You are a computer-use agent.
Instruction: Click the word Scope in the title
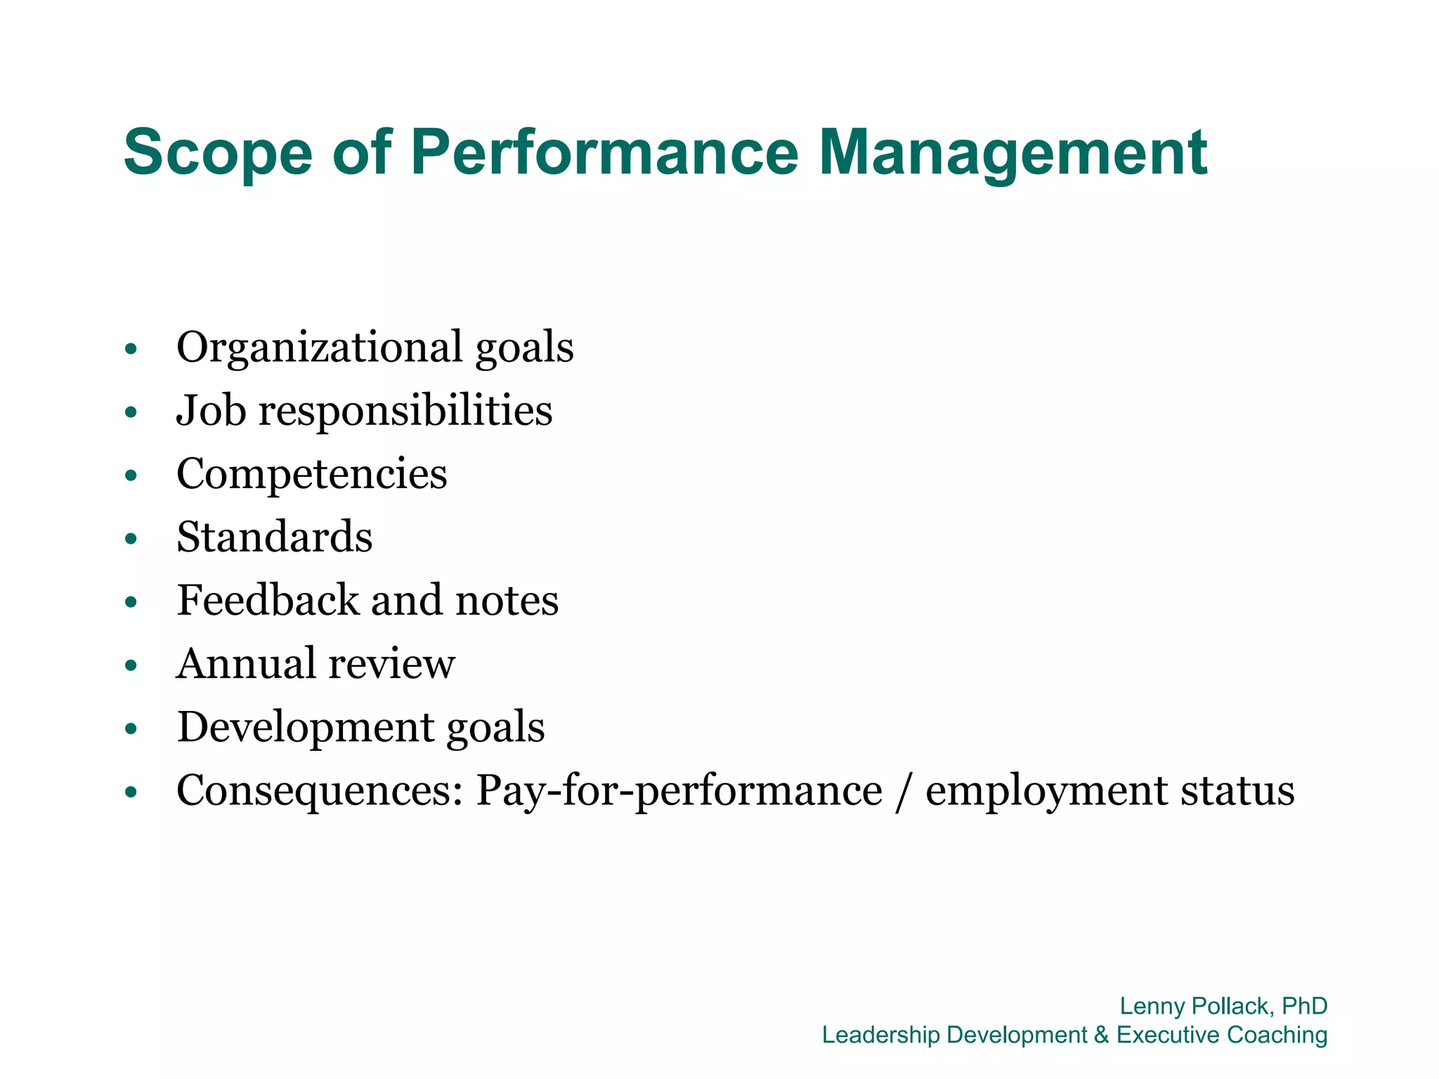[218, 152]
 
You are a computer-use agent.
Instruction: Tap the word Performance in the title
[604, 152]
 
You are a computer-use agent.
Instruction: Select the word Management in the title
[1012, 152]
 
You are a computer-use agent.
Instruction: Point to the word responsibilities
[405, 410]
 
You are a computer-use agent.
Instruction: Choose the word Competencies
[311, 473]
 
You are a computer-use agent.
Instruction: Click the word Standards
[274, 537]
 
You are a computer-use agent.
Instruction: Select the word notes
[507, 601]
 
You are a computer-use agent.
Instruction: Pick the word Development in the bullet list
[304, 727]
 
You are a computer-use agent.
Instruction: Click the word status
[1237, 790]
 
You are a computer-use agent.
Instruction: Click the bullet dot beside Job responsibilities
[131, 412]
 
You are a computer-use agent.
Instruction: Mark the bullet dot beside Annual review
[131, 665]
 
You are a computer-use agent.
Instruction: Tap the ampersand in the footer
[1101, 1035]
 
